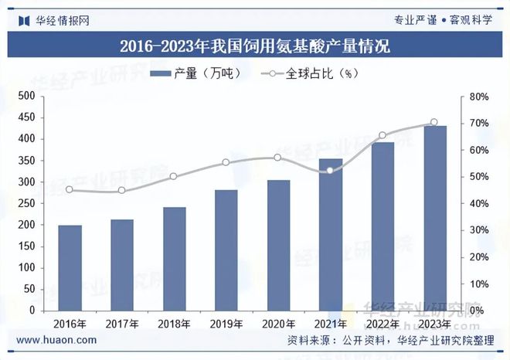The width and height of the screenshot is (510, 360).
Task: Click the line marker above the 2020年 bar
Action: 278,158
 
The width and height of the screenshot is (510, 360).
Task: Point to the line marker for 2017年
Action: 121,191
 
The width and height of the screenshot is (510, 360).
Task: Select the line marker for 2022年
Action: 382,136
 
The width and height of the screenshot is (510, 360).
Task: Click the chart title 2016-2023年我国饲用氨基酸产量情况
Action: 255,46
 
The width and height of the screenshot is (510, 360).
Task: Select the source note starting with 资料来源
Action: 390,340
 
